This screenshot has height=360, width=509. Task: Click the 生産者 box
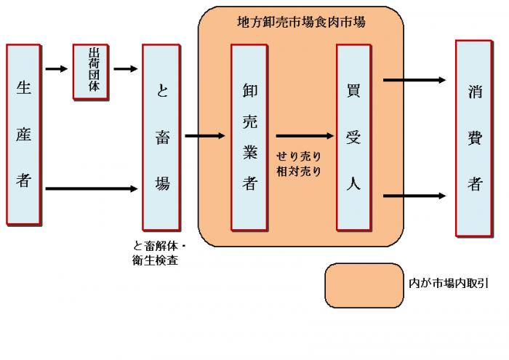[x=25, y=135]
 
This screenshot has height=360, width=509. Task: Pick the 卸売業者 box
[x=250, y=137]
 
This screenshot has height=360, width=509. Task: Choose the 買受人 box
[x=354, y=137]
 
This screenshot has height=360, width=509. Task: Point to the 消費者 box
[x=474, y=138]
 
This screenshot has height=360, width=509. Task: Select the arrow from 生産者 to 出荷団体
[x=57, y=70]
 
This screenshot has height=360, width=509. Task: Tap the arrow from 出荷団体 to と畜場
[x=125, y=70]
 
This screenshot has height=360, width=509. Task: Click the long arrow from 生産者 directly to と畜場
[x=92, y=189]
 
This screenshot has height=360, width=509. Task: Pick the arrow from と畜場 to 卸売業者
[x=206, y=136]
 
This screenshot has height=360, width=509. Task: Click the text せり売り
[x=298, y=156]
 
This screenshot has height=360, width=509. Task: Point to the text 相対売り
[x=298, y=172]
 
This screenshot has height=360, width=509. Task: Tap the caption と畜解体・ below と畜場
[x=160, y=245]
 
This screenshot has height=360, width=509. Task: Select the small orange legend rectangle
[x=364, y=284]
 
